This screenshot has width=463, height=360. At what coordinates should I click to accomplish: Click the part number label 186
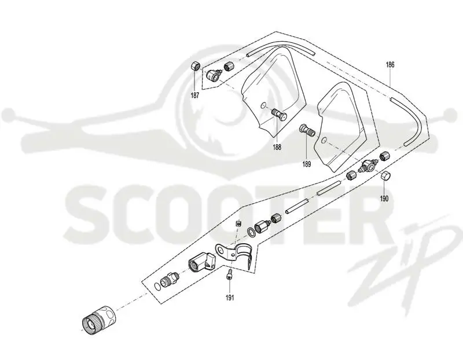(390, 65)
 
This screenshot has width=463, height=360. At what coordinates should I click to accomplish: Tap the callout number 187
(195, 95)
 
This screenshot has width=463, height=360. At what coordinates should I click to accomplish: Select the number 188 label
(277, 147)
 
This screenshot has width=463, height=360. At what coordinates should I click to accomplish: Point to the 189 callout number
(307, 164)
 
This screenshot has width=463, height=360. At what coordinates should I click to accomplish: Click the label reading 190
(384, 199)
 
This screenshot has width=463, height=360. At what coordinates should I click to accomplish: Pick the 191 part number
(230, 297)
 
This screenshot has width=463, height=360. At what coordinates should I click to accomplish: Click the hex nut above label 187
(195, 66)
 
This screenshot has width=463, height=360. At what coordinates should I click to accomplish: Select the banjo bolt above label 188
(278, 114)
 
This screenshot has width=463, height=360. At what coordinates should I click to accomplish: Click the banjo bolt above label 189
(307, 130)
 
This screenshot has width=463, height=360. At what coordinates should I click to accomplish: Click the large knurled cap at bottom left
(98, 320)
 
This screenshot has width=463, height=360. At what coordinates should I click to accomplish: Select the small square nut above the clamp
(238, 223)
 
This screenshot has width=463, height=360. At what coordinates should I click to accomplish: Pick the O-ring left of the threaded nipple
(157, 286)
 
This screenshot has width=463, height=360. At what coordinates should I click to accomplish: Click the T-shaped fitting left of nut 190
(367, 166)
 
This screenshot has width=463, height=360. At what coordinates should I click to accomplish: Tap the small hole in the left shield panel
(264, 105)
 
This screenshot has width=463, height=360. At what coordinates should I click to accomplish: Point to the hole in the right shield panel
(324, 139)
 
